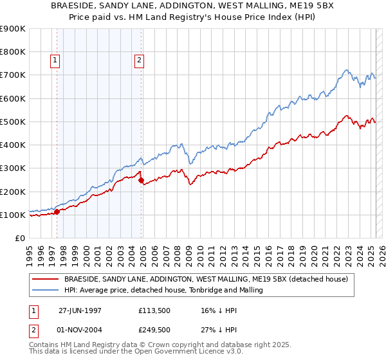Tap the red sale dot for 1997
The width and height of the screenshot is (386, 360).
pos(57,211)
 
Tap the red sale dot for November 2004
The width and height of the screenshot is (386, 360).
pos(141,180)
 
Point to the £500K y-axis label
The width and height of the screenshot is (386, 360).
pos(14,122)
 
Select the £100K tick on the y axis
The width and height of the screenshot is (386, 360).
pos(14,215)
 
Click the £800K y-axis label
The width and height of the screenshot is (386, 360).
pos(14,52)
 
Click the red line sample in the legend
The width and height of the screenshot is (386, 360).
pos(45,279)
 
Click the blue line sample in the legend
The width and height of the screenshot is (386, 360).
pos(45,291)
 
